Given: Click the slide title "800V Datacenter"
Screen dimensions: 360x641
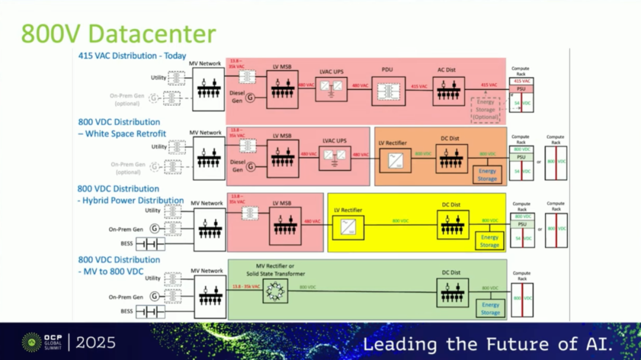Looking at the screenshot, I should (x=119, y=34).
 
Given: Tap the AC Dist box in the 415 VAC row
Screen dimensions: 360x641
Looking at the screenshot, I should (x=448, y=91).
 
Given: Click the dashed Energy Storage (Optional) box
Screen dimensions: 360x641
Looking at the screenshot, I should (x=485, y=109).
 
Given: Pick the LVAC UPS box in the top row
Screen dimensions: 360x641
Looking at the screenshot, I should (x=331, y=89).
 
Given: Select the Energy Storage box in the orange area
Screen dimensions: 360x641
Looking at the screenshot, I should (x=487, y=175).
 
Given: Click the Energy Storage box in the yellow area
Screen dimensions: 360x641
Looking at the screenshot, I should (x=490, y=241).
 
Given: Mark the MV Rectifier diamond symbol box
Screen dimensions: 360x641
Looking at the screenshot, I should (x=275, y=291).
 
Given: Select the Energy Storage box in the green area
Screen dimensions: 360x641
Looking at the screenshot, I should (x=490, y=308).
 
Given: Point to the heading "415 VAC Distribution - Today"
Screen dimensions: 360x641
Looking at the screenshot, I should (x=132, y=56).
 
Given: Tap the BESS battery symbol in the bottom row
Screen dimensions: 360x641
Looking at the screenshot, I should (x=150, y=311).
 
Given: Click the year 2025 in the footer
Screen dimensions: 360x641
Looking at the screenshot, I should (x=96, y=342).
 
